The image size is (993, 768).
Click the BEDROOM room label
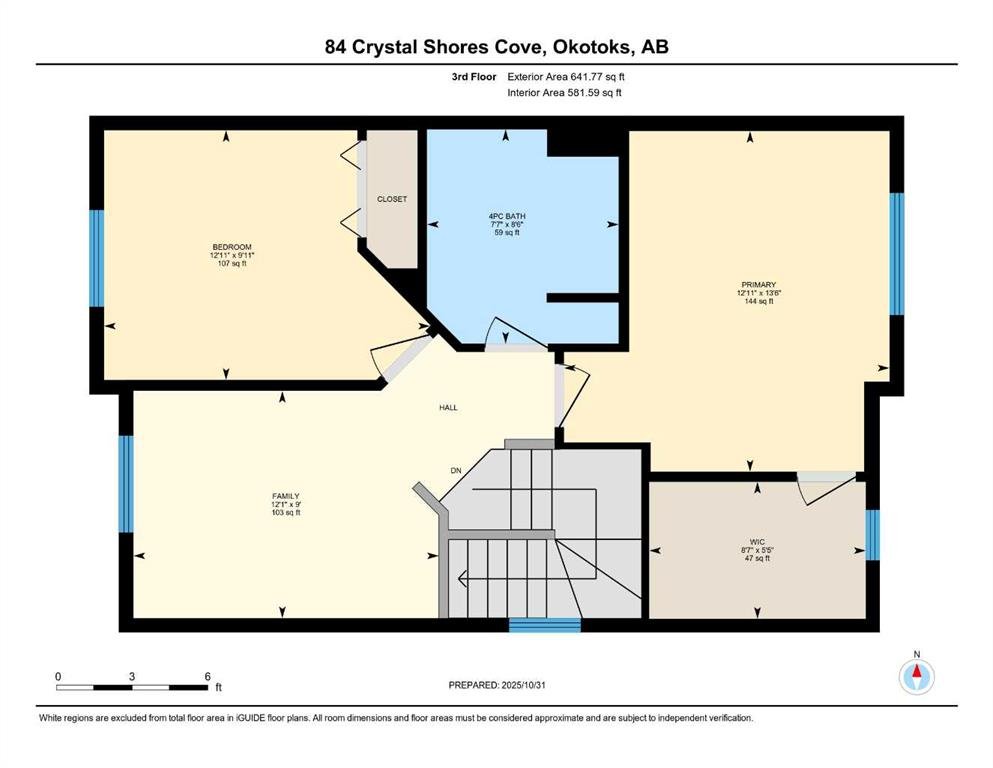tap(232, 247)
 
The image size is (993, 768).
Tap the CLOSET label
tap(392, 199)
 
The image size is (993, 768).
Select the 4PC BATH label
tap(507, 216)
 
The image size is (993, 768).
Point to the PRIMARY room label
tap(759, 285)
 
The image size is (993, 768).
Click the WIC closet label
tap(757, 542)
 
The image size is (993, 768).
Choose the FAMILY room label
tap(286, 496)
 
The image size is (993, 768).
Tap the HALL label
tap(448, 408)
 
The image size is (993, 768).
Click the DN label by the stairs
tap(456, 470)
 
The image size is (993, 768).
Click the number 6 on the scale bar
tap(207, 676)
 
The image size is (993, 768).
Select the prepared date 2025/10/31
tap(523, 685)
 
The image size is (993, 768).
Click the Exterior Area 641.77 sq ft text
tap(566, 77)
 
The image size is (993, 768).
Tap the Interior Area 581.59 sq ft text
tap(564, 92)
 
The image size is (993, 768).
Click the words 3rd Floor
tap(474, 77)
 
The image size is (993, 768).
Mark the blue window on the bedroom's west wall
tap(96, 258)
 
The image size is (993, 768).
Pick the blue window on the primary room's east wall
tap(897, 254)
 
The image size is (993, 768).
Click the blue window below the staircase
tap(545, 625)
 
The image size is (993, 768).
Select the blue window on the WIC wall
tap(873, 535)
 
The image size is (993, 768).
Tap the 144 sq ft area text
tap(759, 301)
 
